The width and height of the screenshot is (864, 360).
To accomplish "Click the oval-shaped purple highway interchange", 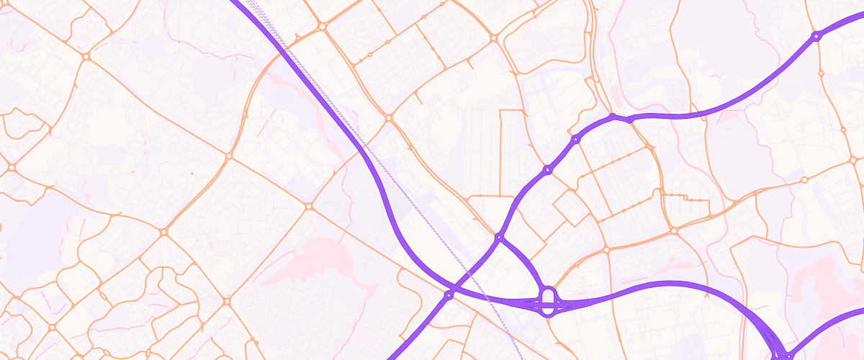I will (548, 302).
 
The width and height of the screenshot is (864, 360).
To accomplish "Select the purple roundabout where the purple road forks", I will (498, 236).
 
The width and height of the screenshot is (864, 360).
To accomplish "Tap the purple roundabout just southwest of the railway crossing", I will (449, 294).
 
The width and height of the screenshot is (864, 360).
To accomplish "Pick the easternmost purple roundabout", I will (816, 36).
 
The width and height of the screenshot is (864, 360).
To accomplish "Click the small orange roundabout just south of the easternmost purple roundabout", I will (821, 73).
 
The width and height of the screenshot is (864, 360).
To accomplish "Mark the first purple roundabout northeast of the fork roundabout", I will (547, 170).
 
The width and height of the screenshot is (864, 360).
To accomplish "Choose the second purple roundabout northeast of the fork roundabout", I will (575, 139).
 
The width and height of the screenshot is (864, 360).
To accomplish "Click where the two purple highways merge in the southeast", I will (781, 353).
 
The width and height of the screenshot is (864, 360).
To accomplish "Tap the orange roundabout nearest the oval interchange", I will (606, 250).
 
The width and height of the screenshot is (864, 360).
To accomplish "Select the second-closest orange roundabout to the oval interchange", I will (673, 230).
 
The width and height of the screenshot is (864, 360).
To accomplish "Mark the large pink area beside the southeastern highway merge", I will (821, 288).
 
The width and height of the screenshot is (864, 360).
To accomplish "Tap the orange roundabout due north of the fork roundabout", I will (494, 37).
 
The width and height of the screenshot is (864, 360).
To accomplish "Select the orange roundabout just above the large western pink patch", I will (308, 207).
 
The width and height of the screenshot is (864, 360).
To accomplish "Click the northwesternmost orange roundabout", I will (86, 55).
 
